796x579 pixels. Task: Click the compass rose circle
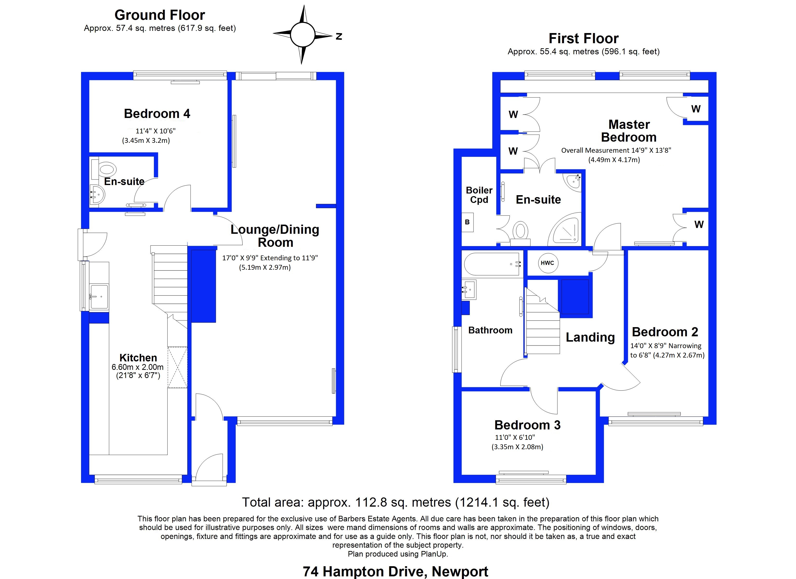pyautogui.click(x=302, y=35)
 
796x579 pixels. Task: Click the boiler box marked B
pyautogui.click(x=467, y=222)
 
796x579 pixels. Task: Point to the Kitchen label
pyautogui.click(x=138, y=358)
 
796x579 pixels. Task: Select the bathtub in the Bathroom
pyautogui.click(x=492, y=264)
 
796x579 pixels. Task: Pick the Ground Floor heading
pyautogui.click(x=160, y=15)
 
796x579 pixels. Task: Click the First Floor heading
pyautogui.click(x=583, y=38)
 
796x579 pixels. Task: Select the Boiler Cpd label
pyautogui.click(x=479, y=195)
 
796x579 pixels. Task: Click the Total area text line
pyautogui.click(x=396, y=503)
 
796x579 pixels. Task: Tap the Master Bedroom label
pyautogui.click(x=629, y=131)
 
